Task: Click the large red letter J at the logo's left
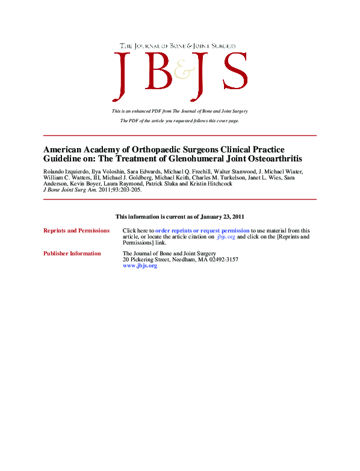click(x=123, y=75)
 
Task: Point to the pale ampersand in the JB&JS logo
click(x=181, y=72)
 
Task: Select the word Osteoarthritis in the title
click(x=272, y=159)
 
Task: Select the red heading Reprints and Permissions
click(x=76, y=230)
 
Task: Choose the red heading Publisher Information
click(x=72, y=254)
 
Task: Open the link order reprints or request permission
click(x=202, y=230)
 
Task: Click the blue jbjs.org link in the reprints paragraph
click(x=226, y=236)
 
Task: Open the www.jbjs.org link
click(x=140, y=266)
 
